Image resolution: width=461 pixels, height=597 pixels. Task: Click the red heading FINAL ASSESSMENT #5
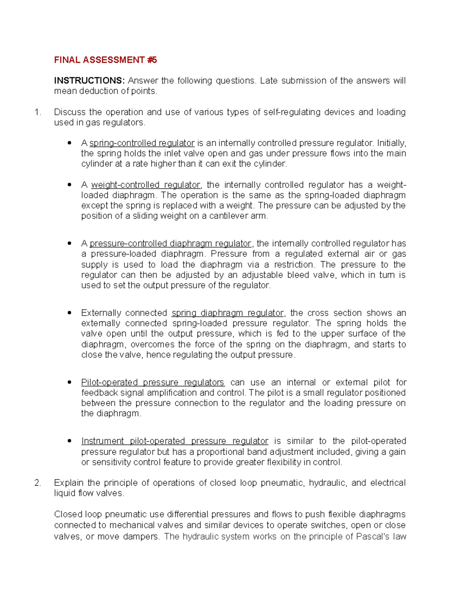pos(105,60)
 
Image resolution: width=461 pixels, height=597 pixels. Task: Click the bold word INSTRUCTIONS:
pos(89,81)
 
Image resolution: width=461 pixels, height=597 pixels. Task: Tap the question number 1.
pos(37,112)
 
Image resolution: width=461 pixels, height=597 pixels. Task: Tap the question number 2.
pos(37,483)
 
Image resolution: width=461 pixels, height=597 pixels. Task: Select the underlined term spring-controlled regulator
pos(142,143)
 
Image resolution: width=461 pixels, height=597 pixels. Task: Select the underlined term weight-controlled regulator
pos(146,185)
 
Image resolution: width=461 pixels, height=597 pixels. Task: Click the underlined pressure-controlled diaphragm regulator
pos(170,244)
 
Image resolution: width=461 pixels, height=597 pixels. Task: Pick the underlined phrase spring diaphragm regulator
pos(227,313)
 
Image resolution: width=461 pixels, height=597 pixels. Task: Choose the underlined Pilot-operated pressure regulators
pos(153,382)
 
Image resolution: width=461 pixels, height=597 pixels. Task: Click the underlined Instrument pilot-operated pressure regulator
pos(174,441)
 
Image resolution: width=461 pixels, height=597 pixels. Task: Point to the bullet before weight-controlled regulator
pos(69,185)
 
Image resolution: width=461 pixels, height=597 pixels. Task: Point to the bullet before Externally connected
pos(69,313)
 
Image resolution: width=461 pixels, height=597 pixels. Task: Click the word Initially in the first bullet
pos(391,143)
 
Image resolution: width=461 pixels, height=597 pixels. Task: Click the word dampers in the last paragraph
pos(141,537)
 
